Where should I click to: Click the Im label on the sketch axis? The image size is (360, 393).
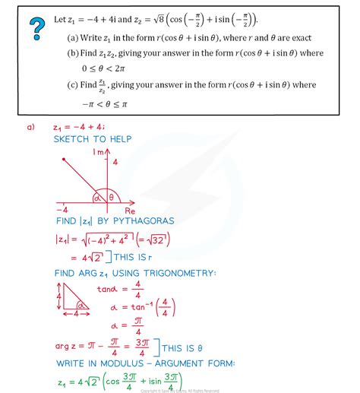click(x=96, y=153)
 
